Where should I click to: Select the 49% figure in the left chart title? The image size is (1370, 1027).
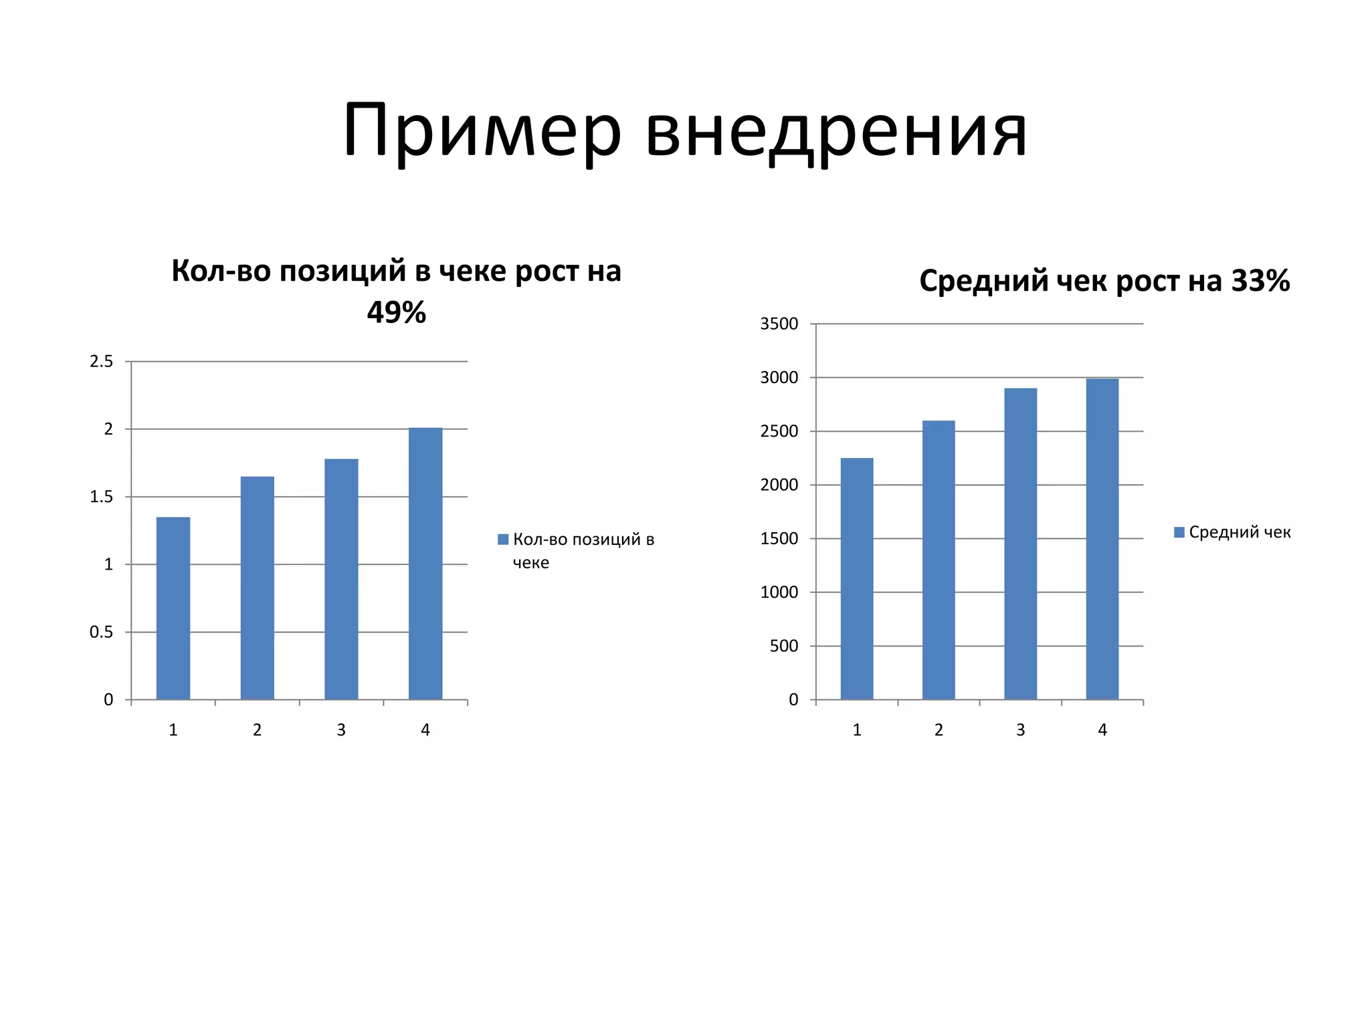396,312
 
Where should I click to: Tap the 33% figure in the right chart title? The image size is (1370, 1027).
1260,281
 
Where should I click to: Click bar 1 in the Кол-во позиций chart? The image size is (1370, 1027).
173,608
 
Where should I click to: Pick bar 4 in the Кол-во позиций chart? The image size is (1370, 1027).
425,564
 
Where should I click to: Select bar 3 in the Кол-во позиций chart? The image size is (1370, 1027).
341,579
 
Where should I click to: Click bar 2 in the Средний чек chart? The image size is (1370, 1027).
939,560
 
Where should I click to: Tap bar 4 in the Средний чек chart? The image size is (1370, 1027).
1102,539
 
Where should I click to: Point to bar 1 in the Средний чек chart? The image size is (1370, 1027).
857,579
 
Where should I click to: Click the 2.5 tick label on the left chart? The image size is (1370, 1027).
102,362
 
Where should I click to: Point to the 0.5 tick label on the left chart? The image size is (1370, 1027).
102,632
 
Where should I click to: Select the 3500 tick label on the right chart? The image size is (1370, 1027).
779,324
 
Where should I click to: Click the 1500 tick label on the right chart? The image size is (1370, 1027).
779,539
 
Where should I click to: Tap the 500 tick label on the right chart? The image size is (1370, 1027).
784,646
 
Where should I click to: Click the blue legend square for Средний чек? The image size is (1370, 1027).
1179,532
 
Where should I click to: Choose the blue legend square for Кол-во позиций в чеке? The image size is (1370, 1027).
503,540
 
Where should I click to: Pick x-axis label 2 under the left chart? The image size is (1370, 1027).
257,730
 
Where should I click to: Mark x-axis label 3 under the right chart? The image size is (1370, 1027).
1021,730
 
